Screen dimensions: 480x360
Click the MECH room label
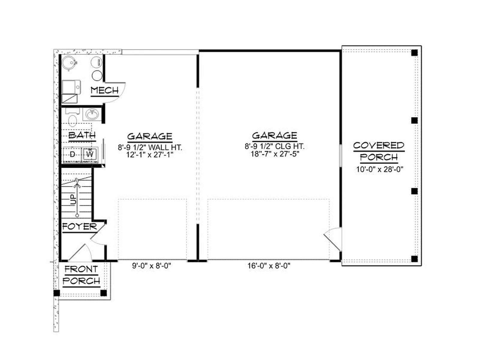[x=105, y=90]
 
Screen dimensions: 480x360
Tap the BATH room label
[x=82, y=135]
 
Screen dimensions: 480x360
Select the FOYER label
[x=79, y=226]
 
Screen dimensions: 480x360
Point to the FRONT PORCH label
[x=81, y=275]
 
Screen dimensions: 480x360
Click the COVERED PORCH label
[x=379, y=151]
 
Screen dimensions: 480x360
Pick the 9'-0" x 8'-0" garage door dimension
[x=151, y=266]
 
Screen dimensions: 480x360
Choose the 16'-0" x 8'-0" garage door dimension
[x=269, y=266]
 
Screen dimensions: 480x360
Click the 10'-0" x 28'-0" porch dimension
[x=379, y=169]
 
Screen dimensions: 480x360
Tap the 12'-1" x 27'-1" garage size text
[x=150, y=155]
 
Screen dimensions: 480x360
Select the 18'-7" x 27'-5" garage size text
[x=275, y=154]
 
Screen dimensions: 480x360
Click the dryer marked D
[x=72, y=155]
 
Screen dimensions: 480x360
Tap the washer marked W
[x=90, y=155]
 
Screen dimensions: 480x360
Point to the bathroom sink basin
[x=92, y=114]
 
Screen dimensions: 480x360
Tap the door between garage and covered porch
[x=333, y=239]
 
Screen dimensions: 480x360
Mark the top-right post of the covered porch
[x=414, y=53]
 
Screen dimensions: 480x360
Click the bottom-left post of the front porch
[x=57, y=293]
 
